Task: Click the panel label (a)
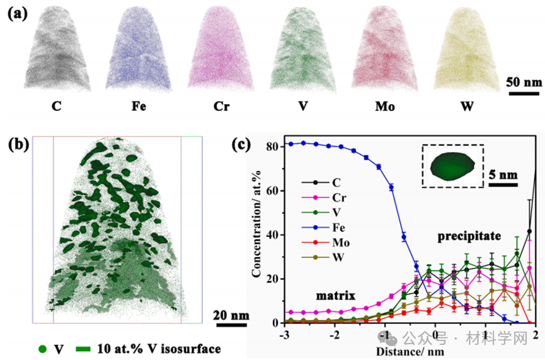pyautogui.click(x=17, y=13)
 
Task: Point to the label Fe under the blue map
pyautogui.click(x=139, y=105)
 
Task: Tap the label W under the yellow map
pyautogui.click(x=467, y=105)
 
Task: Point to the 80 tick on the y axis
pyautogui.click(x=275, y=146)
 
